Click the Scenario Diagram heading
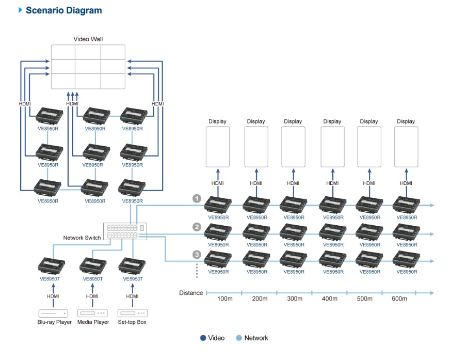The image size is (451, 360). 63,10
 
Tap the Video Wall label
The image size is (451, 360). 88,39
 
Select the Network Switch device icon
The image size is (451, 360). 125,231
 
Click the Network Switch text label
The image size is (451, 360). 82,238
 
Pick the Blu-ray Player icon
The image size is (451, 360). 54,313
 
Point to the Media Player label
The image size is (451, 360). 93,322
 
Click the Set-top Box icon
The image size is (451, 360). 132,313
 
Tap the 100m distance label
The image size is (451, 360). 225,299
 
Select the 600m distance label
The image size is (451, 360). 399,299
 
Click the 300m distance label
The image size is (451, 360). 294,299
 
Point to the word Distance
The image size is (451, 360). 191,293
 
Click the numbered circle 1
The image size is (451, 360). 197,198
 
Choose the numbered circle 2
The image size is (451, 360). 197,227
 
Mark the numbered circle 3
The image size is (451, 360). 197,254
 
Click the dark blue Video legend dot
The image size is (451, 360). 203,338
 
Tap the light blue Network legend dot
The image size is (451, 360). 239,338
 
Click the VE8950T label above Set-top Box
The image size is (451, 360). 133,279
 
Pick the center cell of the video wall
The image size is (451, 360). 88,67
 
